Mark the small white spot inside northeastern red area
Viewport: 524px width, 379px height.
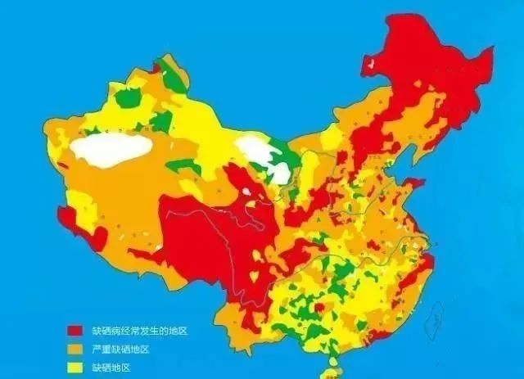tap(370, 63)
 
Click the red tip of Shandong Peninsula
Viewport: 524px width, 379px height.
tap(414, 183)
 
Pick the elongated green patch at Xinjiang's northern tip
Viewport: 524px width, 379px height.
tap(172, 74)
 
